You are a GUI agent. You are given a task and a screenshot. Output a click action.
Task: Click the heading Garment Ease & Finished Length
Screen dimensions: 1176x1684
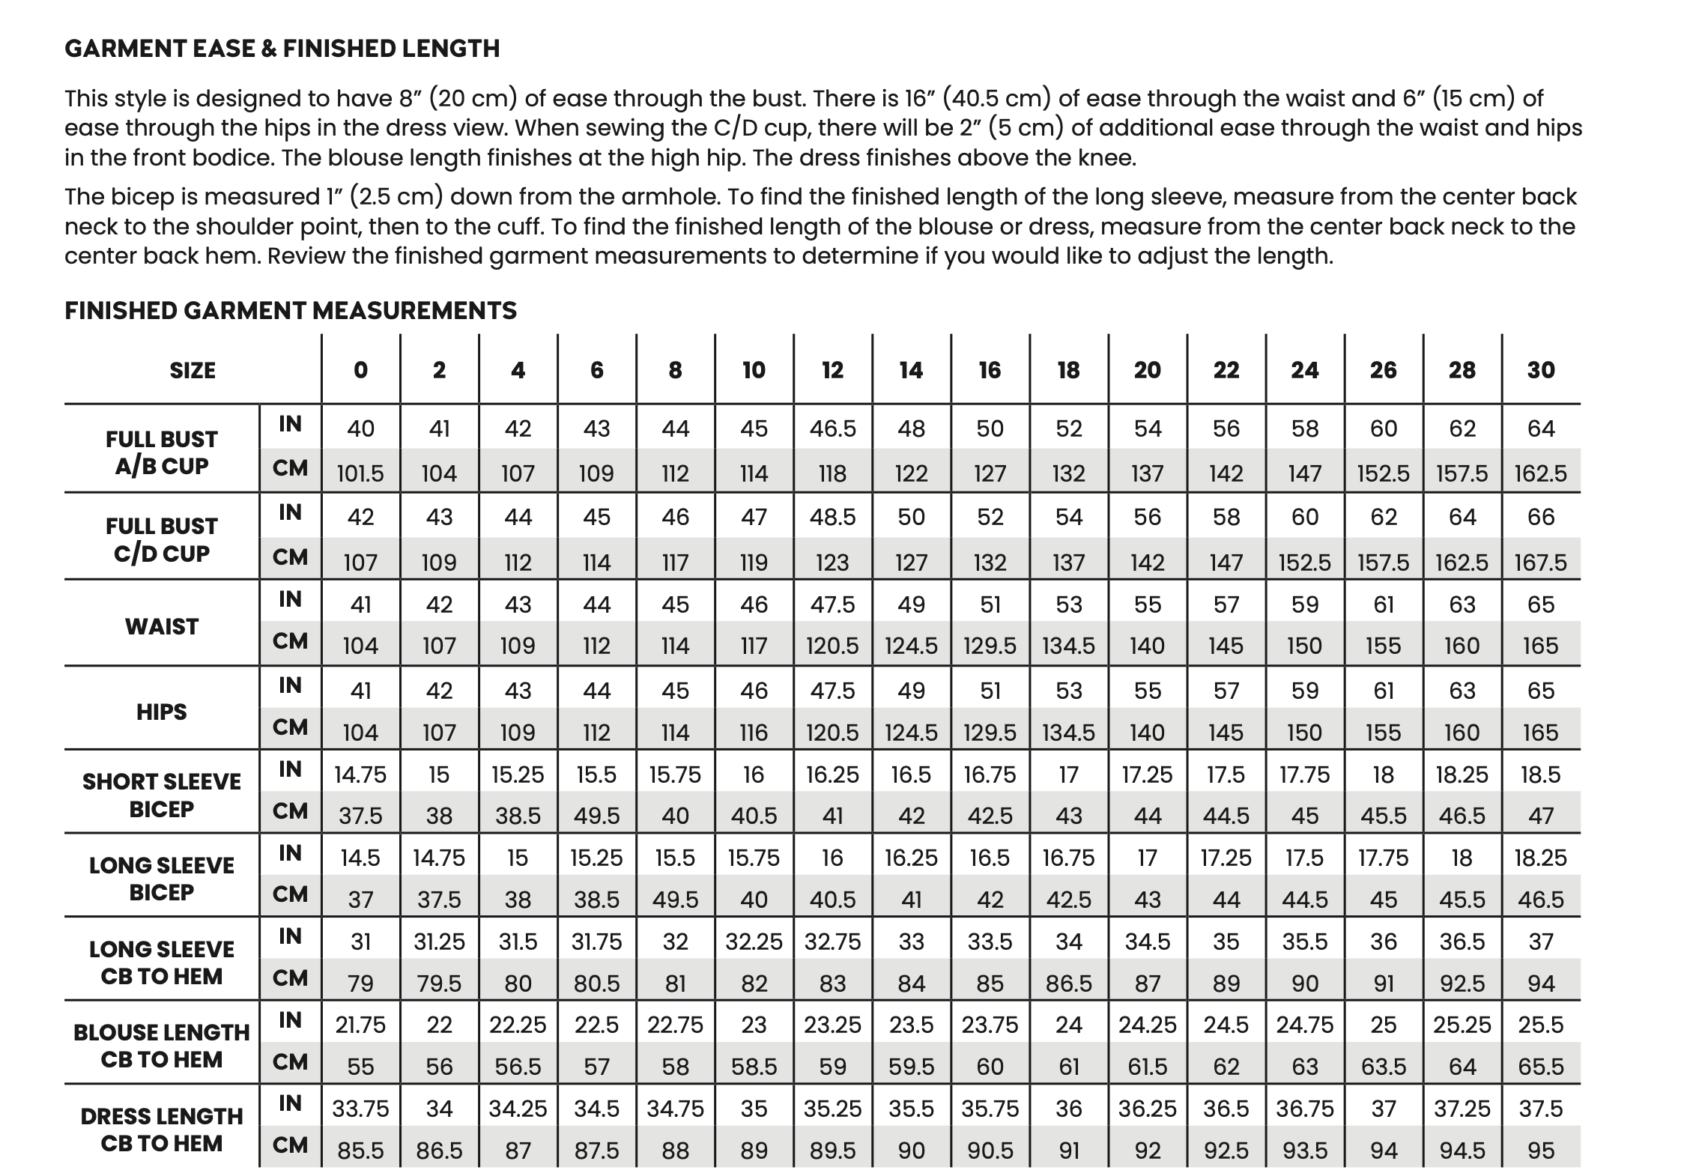pyautogui.click(x=282, y=49)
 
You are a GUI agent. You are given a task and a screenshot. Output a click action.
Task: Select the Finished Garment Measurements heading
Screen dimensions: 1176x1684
pyautogui.click(x=291, y=310)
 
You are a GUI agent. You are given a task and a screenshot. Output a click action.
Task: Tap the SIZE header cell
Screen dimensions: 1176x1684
pyautogui.click(x=193, y=370)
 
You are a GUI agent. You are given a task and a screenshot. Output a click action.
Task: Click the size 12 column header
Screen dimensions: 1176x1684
pyautogui.click(x=832, y=370)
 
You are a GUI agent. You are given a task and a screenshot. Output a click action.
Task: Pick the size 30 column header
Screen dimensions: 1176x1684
pyautogui.click(x=1541, y=370)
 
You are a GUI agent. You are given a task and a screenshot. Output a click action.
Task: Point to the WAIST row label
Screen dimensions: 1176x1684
pyautogui.click(x=162, y=626)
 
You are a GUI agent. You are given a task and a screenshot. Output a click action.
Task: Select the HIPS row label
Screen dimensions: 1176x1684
pyautogui.click(x=162, y=712)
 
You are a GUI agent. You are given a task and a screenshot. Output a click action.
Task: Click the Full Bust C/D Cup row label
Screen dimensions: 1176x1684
pyautogui.click(x=162, y=539)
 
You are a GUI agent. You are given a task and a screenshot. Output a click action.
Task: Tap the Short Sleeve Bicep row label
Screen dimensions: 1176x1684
pyautogui.click(x=162, y=795)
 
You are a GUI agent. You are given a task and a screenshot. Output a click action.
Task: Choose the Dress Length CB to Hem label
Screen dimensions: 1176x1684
pyautogui.click(x=162, y=1130)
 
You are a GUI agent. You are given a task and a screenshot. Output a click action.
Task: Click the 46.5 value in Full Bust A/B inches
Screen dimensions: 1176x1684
pyautogui.click(x=832, y=428)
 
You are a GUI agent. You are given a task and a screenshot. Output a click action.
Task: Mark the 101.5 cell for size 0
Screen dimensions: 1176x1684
pyautogui.click(x=360, y=473)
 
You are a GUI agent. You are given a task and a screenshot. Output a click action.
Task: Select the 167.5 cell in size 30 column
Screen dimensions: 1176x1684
pyautogui.click(x=1541, y=562)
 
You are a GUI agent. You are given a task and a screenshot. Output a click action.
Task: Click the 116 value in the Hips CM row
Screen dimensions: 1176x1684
pyautogui.click(x=754, y=732)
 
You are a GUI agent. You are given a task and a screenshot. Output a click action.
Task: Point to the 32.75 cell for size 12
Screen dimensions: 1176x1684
pyautogui.click(x=832, y=941)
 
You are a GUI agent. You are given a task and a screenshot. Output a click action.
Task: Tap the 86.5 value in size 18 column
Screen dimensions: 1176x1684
pyautogui.click(x=1068, y=983)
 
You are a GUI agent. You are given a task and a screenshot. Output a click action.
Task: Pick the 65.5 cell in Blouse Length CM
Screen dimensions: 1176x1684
pyautogui.click(x=1541, y=1066)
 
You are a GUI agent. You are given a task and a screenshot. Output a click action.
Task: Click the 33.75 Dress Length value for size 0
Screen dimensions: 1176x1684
pyautogui.click(x=360, y=1108)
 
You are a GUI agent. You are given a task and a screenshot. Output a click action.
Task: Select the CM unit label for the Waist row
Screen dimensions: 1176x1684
pyautogui.click(x=290, y=641)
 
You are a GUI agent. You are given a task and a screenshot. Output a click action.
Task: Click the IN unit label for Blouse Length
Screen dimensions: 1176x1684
pyautogui.click(x=290, y=1020)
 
